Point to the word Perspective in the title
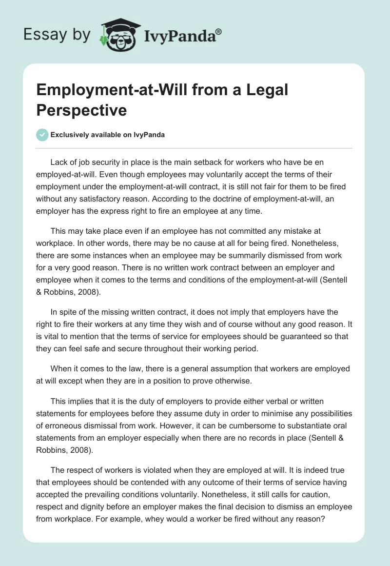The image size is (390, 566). [82, 110]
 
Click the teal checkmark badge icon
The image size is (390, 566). [42, 135]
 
